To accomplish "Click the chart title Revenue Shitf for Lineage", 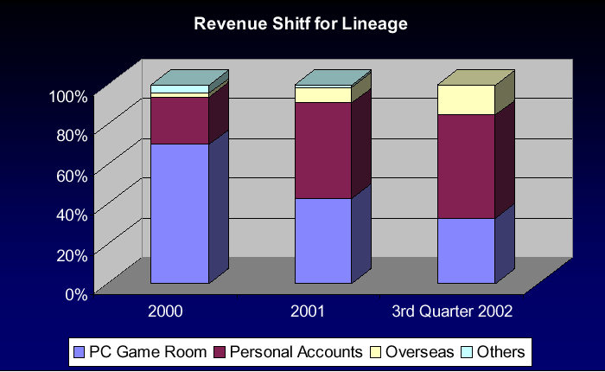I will (301, 24).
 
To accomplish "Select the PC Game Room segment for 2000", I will (180, 213).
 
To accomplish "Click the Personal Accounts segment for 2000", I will (180, 120).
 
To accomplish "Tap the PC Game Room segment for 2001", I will (322, 241).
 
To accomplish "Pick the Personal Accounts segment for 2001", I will (322, 151).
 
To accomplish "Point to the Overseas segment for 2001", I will (322, 94).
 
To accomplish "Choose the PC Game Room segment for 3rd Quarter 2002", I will (465, 250).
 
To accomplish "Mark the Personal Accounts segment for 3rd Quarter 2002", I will (465, 166).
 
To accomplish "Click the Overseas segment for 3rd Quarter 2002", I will (465, 99).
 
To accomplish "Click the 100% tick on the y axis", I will (67, 96).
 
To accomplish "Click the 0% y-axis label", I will (74, 293).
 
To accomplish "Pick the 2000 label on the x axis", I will (165, 311).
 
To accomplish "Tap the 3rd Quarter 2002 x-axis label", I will (453, 311).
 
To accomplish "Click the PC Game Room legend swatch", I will (81, 352).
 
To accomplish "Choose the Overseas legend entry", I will (412, 352).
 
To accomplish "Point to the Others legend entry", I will (494, 352).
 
